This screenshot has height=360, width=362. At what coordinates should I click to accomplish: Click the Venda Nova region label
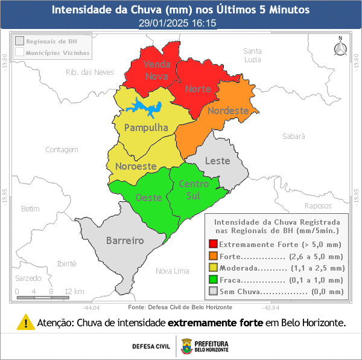[x=157, y=69]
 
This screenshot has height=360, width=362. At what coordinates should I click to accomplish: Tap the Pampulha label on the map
[x=145, y=128]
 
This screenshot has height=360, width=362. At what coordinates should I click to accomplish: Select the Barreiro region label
[x=125, y=240]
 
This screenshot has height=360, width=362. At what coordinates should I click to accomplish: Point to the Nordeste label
[x=227, y=111]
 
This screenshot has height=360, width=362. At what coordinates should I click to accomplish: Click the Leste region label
[x=218, y=161]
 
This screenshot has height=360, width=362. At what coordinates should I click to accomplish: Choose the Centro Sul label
[x=194, y=190]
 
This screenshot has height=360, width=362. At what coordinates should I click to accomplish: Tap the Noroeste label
[x=136, y=166]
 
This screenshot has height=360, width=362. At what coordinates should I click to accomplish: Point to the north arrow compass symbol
[x=340, y=47]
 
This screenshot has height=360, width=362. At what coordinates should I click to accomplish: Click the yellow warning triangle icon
[x=25, y=322]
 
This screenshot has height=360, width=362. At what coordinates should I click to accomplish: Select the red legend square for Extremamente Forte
[x=213, y=245]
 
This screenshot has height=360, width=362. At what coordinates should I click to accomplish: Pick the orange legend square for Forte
[x=213, y=256]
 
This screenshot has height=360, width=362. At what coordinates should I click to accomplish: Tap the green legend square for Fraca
[x=213, y=280]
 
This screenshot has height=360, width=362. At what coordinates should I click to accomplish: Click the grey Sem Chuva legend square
[x=213, y=292]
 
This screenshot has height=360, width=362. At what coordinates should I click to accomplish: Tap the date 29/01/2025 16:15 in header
[x=177, y=23]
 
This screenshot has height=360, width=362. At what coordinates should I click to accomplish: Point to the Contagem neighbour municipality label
[x=62, y=149]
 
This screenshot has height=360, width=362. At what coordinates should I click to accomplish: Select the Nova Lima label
[x=172, y=271]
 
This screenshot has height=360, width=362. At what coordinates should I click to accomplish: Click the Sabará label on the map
[x=294, y=137]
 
